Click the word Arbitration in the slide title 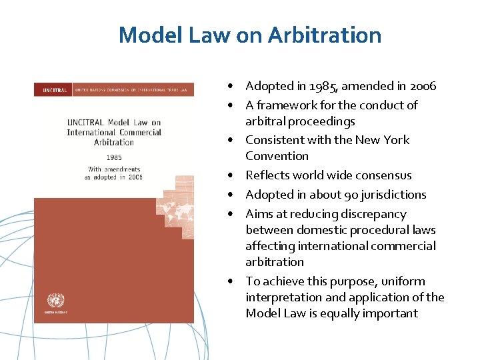[325, 35]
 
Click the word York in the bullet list [395, 140]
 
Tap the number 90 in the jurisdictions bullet [352, 195]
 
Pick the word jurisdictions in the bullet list [393, 195]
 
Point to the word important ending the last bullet [389, 313]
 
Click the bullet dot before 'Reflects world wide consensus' [229, 176]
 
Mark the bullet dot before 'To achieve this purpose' [229, 282]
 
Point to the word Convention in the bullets [277, 156]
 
